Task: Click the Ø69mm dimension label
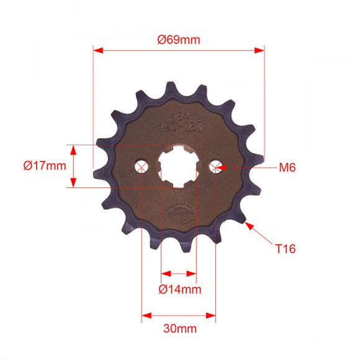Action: click(179, 40)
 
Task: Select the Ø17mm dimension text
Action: click(45, 166)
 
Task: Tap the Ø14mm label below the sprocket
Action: click(180, 289)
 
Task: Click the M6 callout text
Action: click(287, 167)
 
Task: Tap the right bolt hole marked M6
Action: click(215, 166)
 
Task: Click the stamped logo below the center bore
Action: click(180, 211)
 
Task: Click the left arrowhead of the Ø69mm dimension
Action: click(97, 52)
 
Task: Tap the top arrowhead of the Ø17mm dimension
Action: click(73, 149)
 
